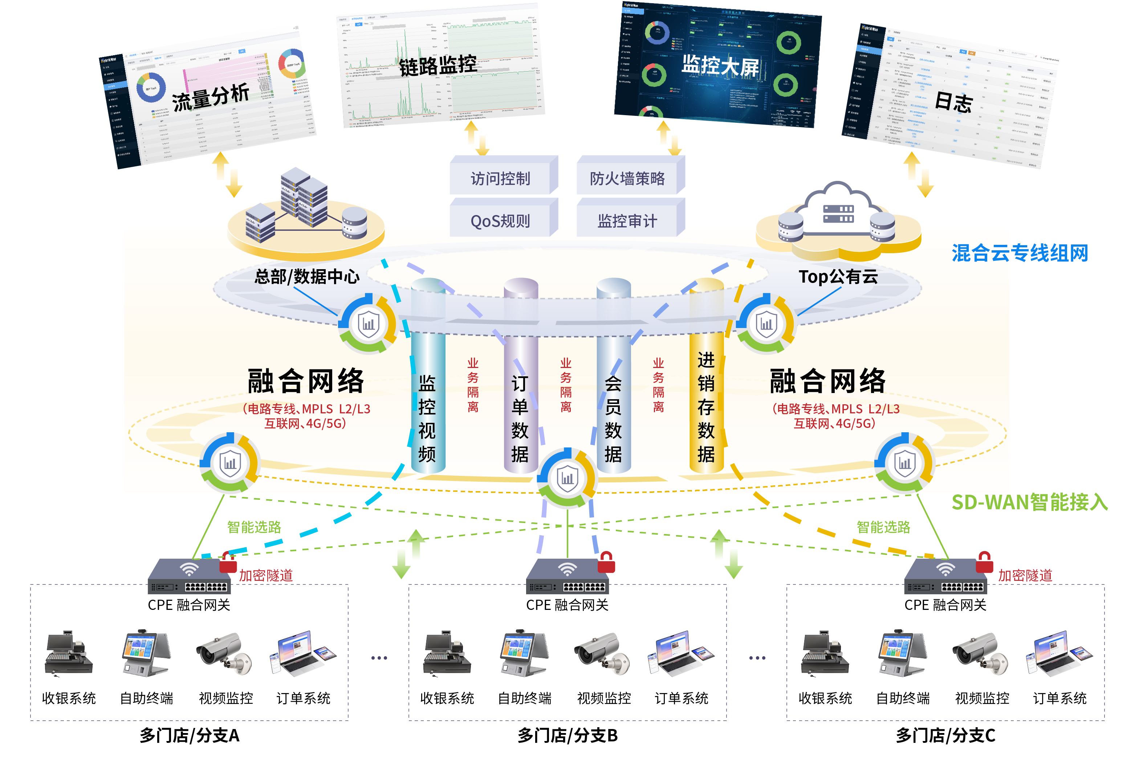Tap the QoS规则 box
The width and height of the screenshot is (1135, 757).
[x=500, y=221]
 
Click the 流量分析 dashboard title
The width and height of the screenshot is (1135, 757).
[x=211, y=97]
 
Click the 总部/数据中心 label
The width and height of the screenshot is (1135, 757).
[x=307, y=277]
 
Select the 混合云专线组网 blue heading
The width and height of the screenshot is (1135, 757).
[x=1019, y=253]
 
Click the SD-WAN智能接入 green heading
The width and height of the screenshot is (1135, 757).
[x=1029, y=502]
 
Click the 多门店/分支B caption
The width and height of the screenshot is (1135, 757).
[x=567, y=735]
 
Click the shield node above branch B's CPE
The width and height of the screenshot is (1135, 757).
[x=567, y=478]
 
